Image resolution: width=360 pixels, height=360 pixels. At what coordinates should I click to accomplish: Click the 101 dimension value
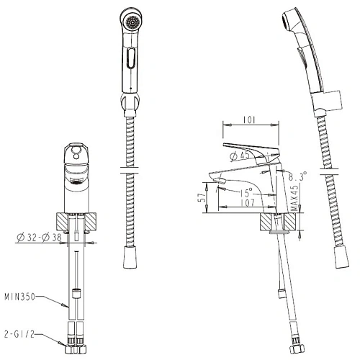(249, 120)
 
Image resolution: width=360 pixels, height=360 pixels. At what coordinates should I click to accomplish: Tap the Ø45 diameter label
(240, 156)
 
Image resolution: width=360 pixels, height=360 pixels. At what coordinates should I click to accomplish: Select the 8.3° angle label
(297, 176)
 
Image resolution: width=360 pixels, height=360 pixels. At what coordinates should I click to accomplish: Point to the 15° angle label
(246, 192)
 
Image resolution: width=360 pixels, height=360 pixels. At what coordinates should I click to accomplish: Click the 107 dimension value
(248, 202)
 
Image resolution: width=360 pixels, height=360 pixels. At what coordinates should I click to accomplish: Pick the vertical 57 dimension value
(203, 197)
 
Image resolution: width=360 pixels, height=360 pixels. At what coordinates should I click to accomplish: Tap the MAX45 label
(295, 198)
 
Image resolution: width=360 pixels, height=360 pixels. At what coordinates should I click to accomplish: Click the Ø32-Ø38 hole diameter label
(39, 238)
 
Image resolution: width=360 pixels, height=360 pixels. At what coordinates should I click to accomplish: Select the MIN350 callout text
(20, 297)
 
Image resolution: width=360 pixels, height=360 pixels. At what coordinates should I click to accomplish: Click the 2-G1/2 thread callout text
(19, 334)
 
